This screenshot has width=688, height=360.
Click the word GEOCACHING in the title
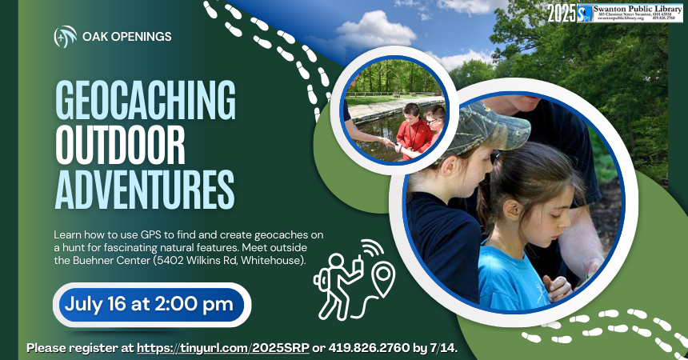click(x=145, y=102)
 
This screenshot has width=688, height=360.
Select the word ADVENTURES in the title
click(x=144, y=189)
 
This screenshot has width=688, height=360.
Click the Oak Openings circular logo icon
click(x=66, y=37)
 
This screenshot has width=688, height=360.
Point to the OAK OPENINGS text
click(x=127, y=37)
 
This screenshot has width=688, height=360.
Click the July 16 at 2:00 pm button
click(x=150, y=304)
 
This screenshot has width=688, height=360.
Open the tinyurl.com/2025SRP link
click(x=222, y=348)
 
